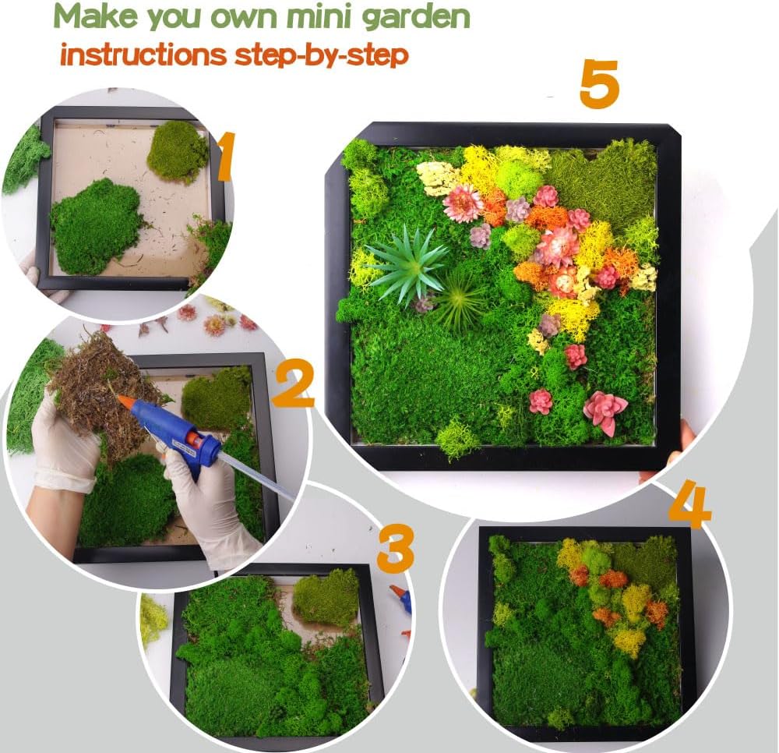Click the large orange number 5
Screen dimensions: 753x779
599,85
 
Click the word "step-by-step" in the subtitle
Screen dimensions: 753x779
335,56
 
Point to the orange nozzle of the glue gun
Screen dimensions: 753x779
125,402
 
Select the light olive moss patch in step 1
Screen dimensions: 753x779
178,150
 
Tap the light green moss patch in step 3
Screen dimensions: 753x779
326,596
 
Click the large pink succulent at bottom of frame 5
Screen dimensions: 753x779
605,410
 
